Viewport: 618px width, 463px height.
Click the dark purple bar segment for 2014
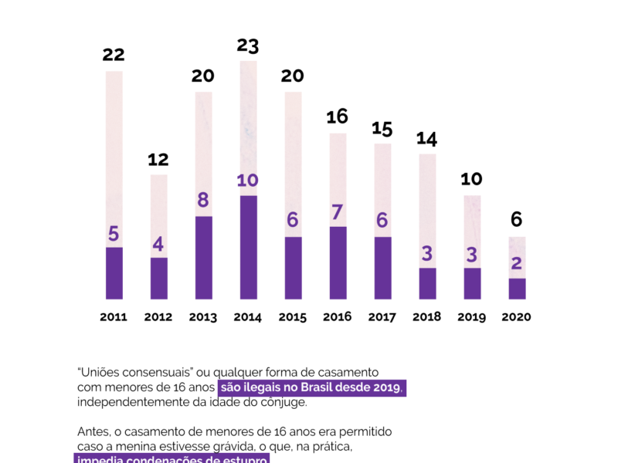coord(248,247)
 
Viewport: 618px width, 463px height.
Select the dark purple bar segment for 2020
coord(517,289)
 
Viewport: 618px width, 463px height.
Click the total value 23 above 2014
coord(247,46)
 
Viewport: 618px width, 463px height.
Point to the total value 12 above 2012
coord(158,160)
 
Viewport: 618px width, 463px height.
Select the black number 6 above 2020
coord(517,220)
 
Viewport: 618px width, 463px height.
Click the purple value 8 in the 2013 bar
coord(203,201)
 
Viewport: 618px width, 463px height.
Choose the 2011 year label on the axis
coord(114,316)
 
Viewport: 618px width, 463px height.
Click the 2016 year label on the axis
coord(338,316)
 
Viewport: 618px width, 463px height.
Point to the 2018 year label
coord(427,316)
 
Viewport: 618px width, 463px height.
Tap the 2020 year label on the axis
coord(517,316)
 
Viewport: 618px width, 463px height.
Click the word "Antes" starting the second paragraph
coord(93,431)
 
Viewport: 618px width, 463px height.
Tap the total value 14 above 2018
coord(427,139)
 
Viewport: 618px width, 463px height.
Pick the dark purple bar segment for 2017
coord(382,268)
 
